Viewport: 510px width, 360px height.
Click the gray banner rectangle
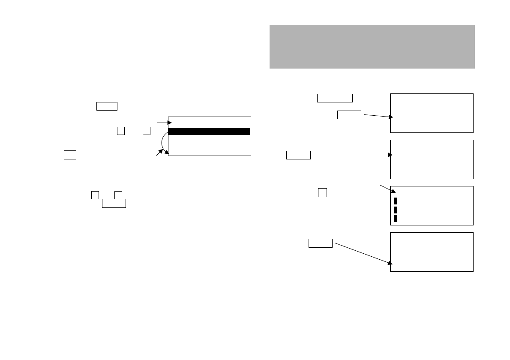tap(372, 47)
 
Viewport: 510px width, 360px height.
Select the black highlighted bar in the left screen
tap(209, 132)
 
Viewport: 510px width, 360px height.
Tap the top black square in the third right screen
tap(396, 201)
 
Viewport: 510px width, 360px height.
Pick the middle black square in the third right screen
tap(396, 210)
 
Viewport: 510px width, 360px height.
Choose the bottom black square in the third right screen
tap(396, 219)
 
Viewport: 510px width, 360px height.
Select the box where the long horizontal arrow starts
tap(298, 155)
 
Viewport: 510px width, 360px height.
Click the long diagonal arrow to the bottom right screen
tap(362, 253)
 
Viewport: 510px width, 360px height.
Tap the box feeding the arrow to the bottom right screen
tap(321, 243)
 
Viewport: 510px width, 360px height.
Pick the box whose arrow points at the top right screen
tap(349, 114)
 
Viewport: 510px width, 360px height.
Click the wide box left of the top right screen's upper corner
tap(335, 98)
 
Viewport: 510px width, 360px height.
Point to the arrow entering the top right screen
tap(378, 116)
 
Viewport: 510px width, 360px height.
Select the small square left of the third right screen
tap(323, 192)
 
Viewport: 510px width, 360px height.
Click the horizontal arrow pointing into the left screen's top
tap(165, 123)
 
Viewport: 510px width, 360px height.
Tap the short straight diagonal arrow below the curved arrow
tap(159, 153)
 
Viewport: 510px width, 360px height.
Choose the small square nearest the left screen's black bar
tap(147, 131)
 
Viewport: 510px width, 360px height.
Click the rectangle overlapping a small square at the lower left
tap(114, 203)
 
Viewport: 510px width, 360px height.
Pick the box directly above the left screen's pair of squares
tap(107, 106)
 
